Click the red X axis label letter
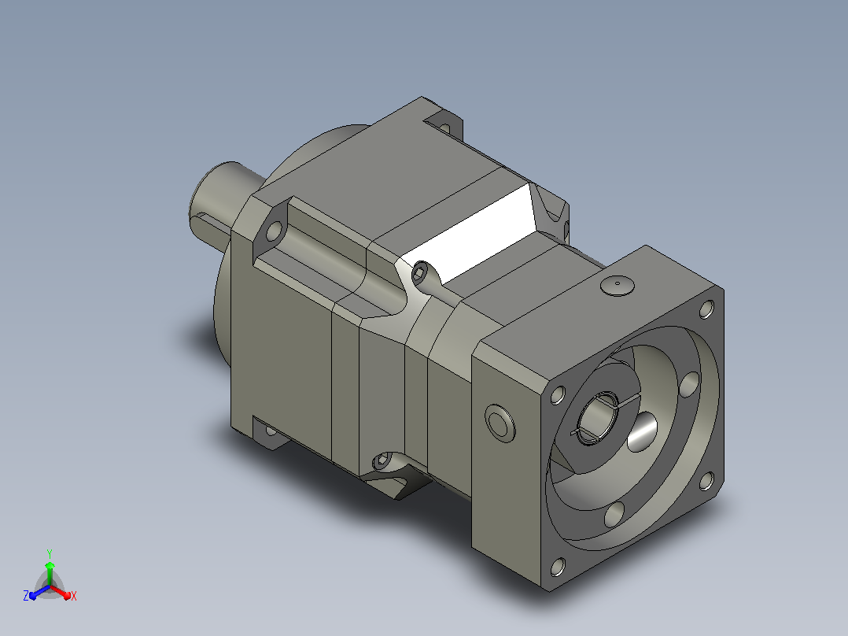[x=74, y=596]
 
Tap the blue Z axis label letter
[x=26, y=595]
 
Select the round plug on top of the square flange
[x=617, y=285]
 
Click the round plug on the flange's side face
[x=500, y=423]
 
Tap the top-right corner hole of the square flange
[x=706, y=309]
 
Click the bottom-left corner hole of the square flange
[x=558, y=567]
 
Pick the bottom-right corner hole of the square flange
[x=707, y=481]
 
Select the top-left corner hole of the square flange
[x=558, y=394]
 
